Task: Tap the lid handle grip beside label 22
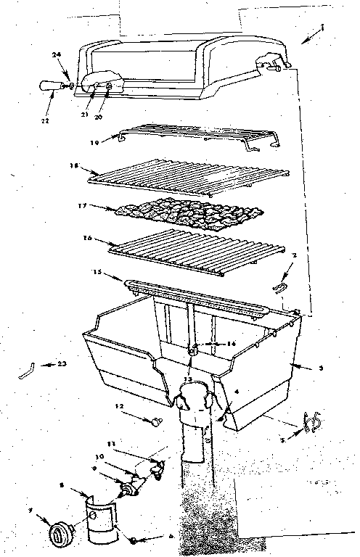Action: tap(50, 86)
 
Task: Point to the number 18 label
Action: tap(73, 165)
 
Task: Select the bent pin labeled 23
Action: tap(27, 369)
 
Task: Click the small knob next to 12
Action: tap(154, 421)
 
